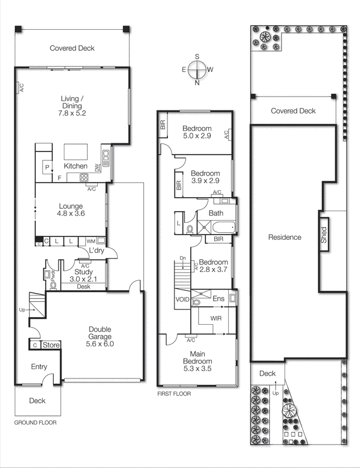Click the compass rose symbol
(x=197, y=69)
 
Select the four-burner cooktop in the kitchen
(x=84, y=178)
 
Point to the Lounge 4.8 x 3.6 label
(x=71, y=210)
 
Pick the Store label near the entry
(x=52, y=345)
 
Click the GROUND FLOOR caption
(x=35, y=422)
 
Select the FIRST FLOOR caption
(x=174, y=394)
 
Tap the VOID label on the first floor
(x=182, y=300)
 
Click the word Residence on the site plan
(x=284, y=237)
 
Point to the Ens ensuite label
(x=218, y=299)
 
